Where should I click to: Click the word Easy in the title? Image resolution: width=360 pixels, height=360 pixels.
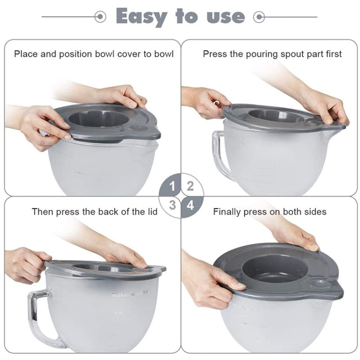click(x=142, y=16)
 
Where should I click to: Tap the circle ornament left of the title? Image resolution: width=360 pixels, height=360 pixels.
click(x=100, y=17)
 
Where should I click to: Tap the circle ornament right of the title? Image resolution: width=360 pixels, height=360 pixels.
click(x=260, y=17)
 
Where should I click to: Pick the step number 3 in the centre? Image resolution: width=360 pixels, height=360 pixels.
click(x=172, y=205)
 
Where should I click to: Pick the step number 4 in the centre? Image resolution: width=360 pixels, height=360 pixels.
click(x=191, y=205)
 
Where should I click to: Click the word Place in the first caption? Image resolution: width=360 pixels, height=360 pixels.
click(x=25, y=54)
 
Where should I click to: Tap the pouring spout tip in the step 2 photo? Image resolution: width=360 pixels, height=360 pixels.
click(x=342, y=127)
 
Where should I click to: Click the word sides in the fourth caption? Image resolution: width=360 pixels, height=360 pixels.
click(x=315, y=211)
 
